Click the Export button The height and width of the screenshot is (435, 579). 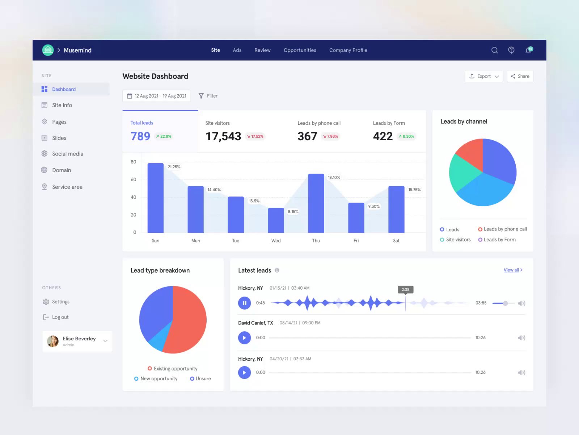[x=483, y=76]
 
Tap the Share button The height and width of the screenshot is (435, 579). [x=520, y=76]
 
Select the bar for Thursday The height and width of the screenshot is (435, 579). [x=316, y=203]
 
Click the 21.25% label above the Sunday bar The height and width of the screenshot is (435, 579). [x=174, y=167]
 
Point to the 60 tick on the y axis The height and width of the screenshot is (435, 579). [x=134, y=179]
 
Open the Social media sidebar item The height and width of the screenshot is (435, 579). [x=67, y=154]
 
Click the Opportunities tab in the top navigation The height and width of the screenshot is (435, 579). [x=300, y=50]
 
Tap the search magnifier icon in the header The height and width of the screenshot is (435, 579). [x=494, y=50]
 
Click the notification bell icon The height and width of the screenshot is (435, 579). [x=528, y=50]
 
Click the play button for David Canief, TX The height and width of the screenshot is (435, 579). [x=244, y=337]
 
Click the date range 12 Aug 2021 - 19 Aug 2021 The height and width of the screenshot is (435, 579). [x=156, y=96]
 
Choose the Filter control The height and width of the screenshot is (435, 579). [x=208, y=96]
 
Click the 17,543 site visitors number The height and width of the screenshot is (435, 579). [x=223, y=136]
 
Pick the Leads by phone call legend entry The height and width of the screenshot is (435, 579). [x=502, y=229]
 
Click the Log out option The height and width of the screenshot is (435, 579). [x=60, y=317]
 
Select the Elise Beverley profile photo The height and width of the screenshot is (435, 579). [x=53, y=341]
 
